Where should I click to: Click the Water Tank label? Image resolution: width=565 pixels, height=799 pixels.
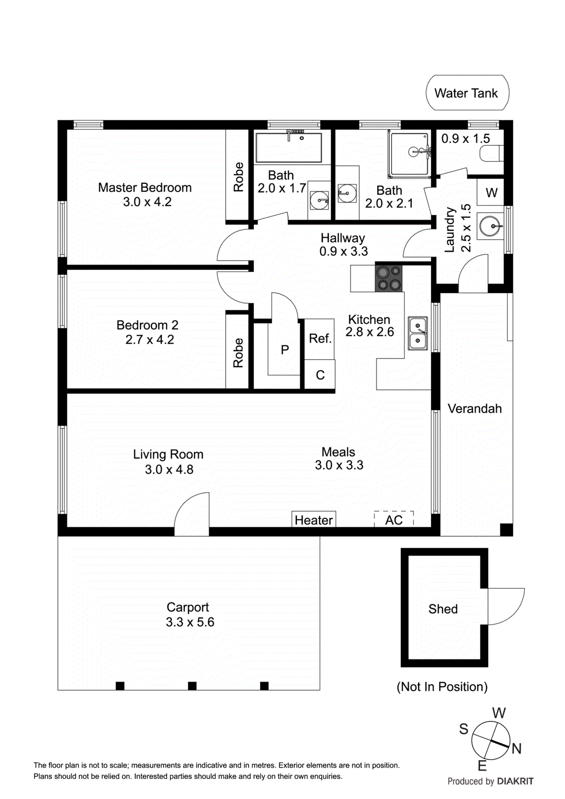pos(466,93)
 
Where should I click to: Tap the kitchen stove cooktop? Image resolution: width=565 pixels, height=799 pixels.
pos(389,278)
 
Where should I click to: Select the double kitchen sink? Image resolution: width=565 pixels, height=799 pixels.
pos(418,334)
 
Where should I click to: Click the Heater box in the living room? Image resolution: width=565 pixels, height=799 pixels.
pos(314,520)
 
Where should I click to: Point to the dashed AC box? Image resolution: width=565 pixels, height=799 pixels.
pos(394,520)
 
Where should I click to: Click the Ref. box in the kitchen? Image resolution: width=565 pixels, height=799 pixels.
pos(320,339)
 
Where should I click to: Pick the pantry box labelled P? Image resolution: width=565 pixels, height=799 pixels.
pos(285,350)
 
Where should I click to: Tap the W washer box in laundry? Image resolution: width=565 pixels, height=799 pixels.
pos(491,192)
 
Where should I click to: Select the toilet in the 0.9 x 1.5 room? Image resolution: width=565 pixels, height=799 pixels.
pos(492,153)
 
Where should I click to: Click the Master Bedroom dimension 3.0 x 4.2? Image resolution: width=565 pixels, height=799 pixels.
pos(147,202)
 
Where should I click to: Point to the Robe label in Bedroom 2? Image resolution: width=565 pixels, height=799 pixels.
pos(238,353)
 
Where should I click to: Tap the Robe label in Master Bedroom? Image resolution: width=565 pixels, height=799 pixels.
pos(238,177)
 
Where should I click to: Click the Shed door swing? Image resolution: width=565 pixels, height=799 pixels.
pos(506,606)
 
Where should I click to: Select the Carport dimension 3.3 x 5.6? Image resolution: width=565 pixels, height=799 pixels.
pos(190,622)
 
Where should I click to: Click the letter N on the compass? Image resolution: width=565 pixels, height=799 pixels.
pos(517,748)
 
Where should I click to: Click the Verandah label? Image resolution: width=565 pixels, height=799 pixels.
pos(474,408)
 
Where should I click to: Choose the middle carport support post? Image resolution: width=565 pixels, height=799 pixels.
pos(192,686)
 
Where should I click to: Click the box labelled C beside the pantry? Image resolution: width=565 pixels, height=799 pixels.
pos(320,375)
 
